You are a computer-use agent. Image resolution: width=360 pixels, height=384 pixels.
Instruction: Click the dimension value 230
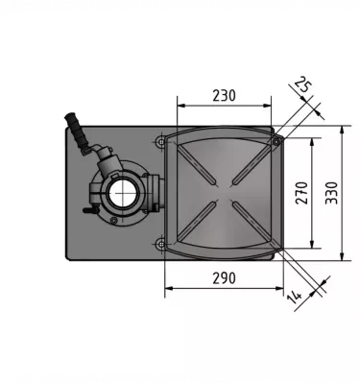click(x=224, y=96)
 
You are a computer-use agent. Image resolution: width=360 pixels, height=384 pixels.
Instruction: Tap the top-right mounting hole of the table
click(x=276, y=142)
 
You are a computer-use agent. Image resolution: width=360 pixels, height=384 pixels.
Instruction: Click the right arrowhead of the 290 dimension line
click(x=280, y=286)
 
